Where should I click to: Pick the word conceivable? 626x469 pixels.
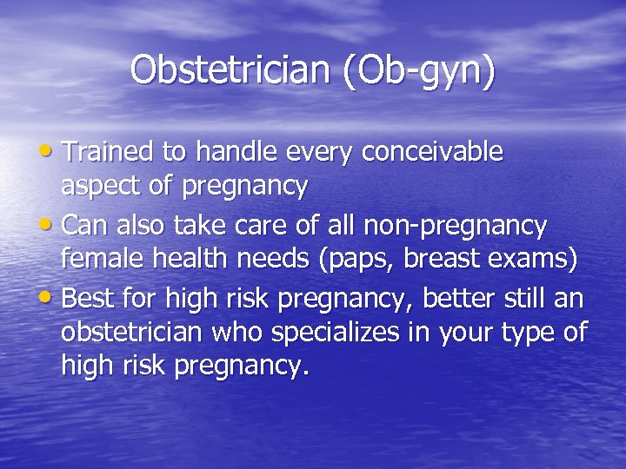click(433, 152)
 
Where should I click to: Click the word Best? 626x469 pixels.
click(87, 300)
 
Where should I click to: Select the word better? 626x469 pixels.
click(467, 300)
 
